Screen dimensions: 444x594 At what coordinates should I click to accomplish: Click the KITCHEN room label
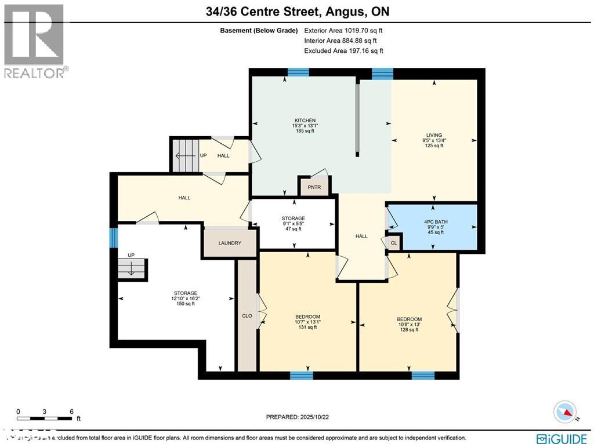pyautogui.click(x=305, y=120)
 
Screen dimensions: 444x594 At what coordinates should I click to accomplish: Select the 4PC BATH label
pyautogui.click(x=436, y=222)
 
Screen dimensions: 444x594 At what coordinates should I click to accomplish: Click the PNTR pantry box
pyautogui.click(x=314, y=187)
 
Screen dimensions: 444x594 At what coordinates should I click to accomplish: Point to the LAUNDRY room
pyautogui.click(x=230, y=243)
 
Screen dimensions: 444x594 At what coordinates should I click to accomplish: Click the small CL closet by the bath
pyautogui.click(x=394, y=243)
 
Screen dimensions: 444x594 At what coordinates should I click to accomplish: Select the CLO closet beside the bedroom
pyautogui.click(x=247, y=316)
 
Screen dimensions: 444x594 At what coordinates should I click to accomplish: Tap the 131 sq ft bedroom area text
pyautogui.click(x=307, y=327)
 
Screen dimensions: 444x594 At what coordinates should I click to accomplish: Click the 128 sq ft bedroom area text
pyautogui.click(x=409, y=330)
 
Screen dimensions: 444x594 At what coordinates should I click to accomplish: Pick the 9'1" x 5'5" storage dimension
pyautogui.click(x=293, y=224)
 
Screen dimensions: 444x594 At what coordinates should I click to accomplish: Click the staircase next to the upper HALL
pyautogui.click(x=185, y=155)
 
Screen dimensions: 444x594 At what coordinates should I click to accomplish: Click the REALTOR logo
pyautogui.click(x=35, y=41)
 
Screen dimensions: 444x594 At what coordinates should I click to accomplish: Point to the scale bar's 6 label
pyautogui.click(x=71, y=412)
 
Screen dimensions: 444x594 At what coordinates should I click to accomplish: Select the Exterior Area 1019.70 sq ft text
pyautogui.click(x=343, y=30)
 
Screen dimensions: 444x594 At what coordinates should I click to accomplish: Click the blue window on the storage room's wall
pyautogui.click(x=114, y=237)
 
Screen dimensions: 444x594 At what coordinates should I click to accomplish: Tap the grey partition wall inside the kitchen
pyautogui.click(x=358, y=119)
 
